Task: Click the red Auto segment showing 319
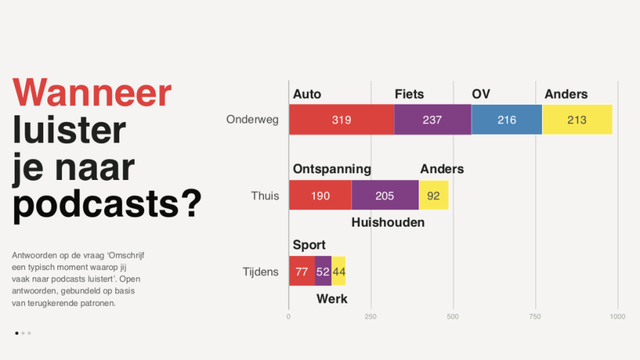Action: [x=341, y=119]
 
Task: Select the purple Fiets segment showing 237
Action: [x=433, y=119]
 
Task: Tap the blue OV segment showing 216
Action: [x=507, y=119]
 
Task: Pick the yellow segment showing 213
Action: [x=577, y=119]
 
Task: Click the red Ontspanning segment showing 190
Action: [x=321, y=195]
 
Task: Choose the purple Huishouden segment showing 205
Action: [x=385, y=195]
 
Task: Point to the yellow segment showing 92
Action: [x=433, y=195]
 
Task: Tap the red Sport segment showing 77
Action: [x=302, y=271]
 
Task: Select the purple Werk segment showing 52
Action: [x=323, y=271]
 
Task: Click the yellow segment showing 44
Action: [x=339, y=271]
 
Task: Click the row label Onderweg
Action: [x=252, y=119]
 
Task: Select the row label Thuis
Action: [x=265, y=196]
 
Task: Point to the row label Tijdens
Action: [x=261, y=272]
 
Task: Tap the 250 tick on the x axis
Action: [x=371, y=317]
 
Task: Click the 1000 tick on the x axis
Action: [x=617, y=317]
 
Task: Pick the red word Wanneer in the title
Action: [x=92, y=93]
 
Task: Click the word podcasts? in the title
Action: [x=107, y=204]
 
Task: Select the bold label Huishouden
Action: [x=388, y=223]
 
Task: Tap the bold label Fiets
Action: [x=409, y=94]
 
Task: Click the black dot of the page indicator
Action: [x=17, y=333]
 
